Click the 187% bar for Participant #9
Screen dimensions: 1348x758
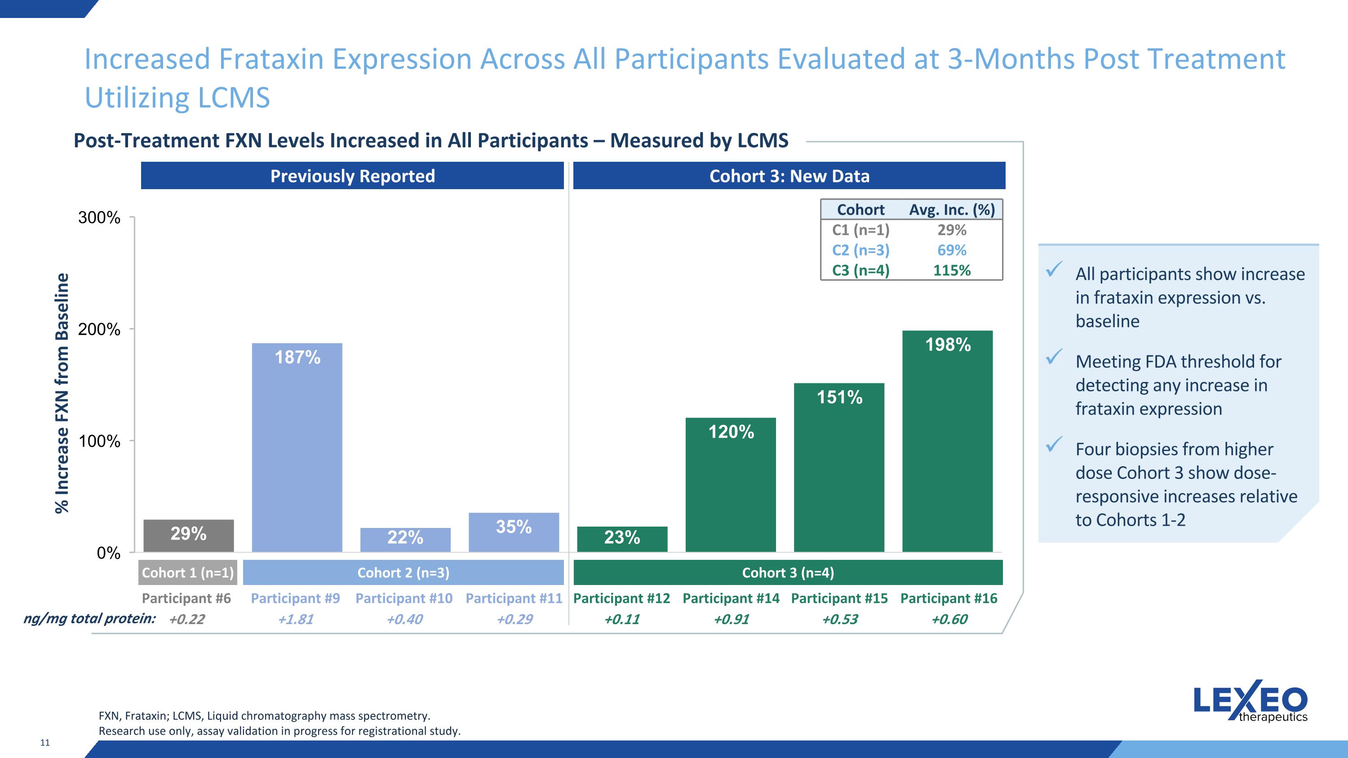point(297,447)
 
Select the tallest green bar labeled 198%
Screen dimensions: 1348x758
point(948,441)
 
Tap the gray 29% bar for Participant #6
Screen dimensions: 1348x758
point(188,536)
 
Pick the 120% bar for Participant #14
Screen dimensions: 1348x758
point(731,484)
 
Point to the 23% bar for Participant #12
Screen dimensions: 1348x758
point(622,539)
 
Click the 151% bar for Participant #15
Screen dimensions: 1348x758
point(839,467)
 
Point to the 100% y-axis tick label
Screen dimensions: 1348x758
point(99,441)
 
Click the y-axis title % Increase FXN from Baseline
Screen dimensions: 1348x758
point(62,394)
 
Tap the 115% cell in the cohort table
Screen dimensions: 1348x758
point(952,270)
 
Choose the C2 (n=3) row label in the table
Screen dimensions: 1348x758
point(861,250)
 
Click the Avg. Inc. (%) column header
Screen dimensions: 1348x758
point(952,210)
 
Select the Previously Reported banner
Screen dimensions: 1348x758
point(352,176)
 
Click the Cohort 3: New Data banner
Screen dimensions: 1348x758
point(789,176)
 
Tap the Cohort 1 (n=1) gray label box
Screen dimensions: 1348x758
point(188,572)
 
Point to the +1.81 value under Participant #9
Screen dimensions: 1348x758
point(296,619)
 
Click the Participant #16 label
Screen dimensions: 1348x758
point(949,598)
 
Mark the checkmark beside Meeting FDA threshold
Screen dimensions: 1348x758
point(1053,357)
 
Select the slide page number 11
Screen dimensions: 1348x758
point(45,743)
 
